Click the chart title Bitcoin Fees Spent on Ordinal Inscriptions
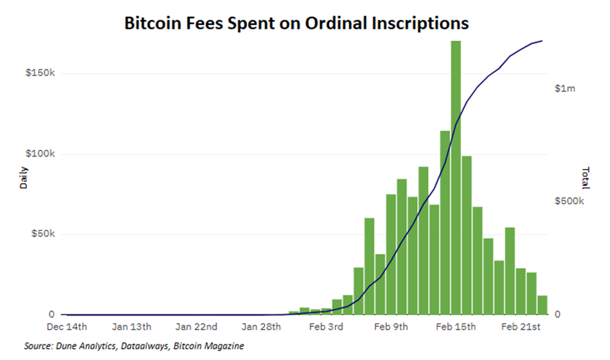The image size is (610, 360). (x=297, y=23)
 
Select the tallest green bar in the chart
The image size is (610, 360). (x=455, y=178)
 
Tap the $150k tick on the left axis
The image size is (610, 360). (x=41, y=73)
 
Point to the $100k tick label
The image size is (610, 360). (x=41, y=154)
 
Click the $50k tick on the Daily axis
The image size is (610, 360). (x=43, y=234)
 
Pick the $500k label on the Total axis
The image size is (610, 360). (x=569, y=202)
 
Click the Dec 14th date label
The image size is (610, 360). (x=67, y=327)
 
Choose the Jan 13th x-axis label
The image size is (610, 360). (x=131, y=327)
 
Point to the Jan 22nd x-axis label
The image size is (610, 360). (x=196, y=327)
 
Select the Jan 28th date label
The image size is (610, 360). (x=262, y=327)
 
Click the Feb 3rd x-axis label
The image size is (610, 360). (x=327, y=327)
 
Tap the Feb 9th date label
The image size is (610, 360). (x=391, y=327)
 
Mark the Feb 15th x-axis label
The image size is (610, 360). (x=455, y=327)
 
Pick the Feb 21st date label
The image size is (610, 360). (x=521, y=327)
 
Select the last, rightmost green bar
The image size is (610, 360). (x=542, y=305)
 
